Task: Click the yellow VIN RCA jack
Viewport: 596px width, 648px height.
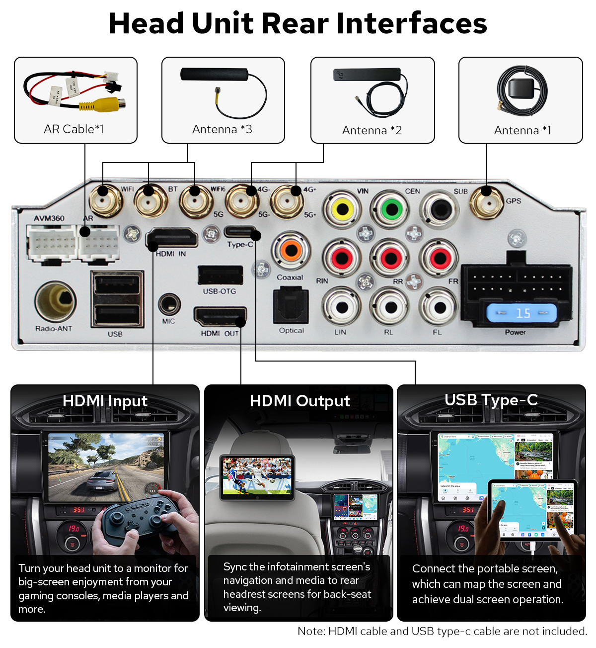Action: pos(343,209)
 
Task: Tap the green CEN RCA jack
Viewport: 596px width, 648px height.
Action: pos(392,209)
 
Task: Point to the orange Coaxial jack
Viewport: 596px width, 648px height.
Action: pos(291,251)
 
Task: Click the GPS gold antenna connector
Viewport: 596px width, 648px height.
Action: pos(487,202)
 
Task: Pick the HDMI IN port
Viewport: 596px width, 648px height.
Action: pos(172,239)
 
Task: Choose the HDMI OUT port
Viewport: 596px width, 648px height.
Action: pos(220,317)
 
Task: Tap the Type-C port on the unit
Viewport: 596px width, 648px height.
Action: pos(240,232)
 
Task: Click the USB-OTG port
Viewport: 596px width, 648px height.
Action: pos(220,275)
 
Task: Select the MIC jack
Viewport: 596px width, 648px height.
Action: pos(169,304)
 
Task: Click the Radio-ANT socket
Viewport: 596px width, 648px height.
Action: pos(55,301)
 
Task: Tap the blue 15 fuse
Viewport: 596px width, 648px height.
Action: pos(521,313)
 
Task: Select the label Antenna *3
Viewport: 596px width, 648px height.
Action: pos(222,129)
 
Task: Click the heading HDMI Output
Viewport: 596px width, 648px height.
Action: pos(299,401)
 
